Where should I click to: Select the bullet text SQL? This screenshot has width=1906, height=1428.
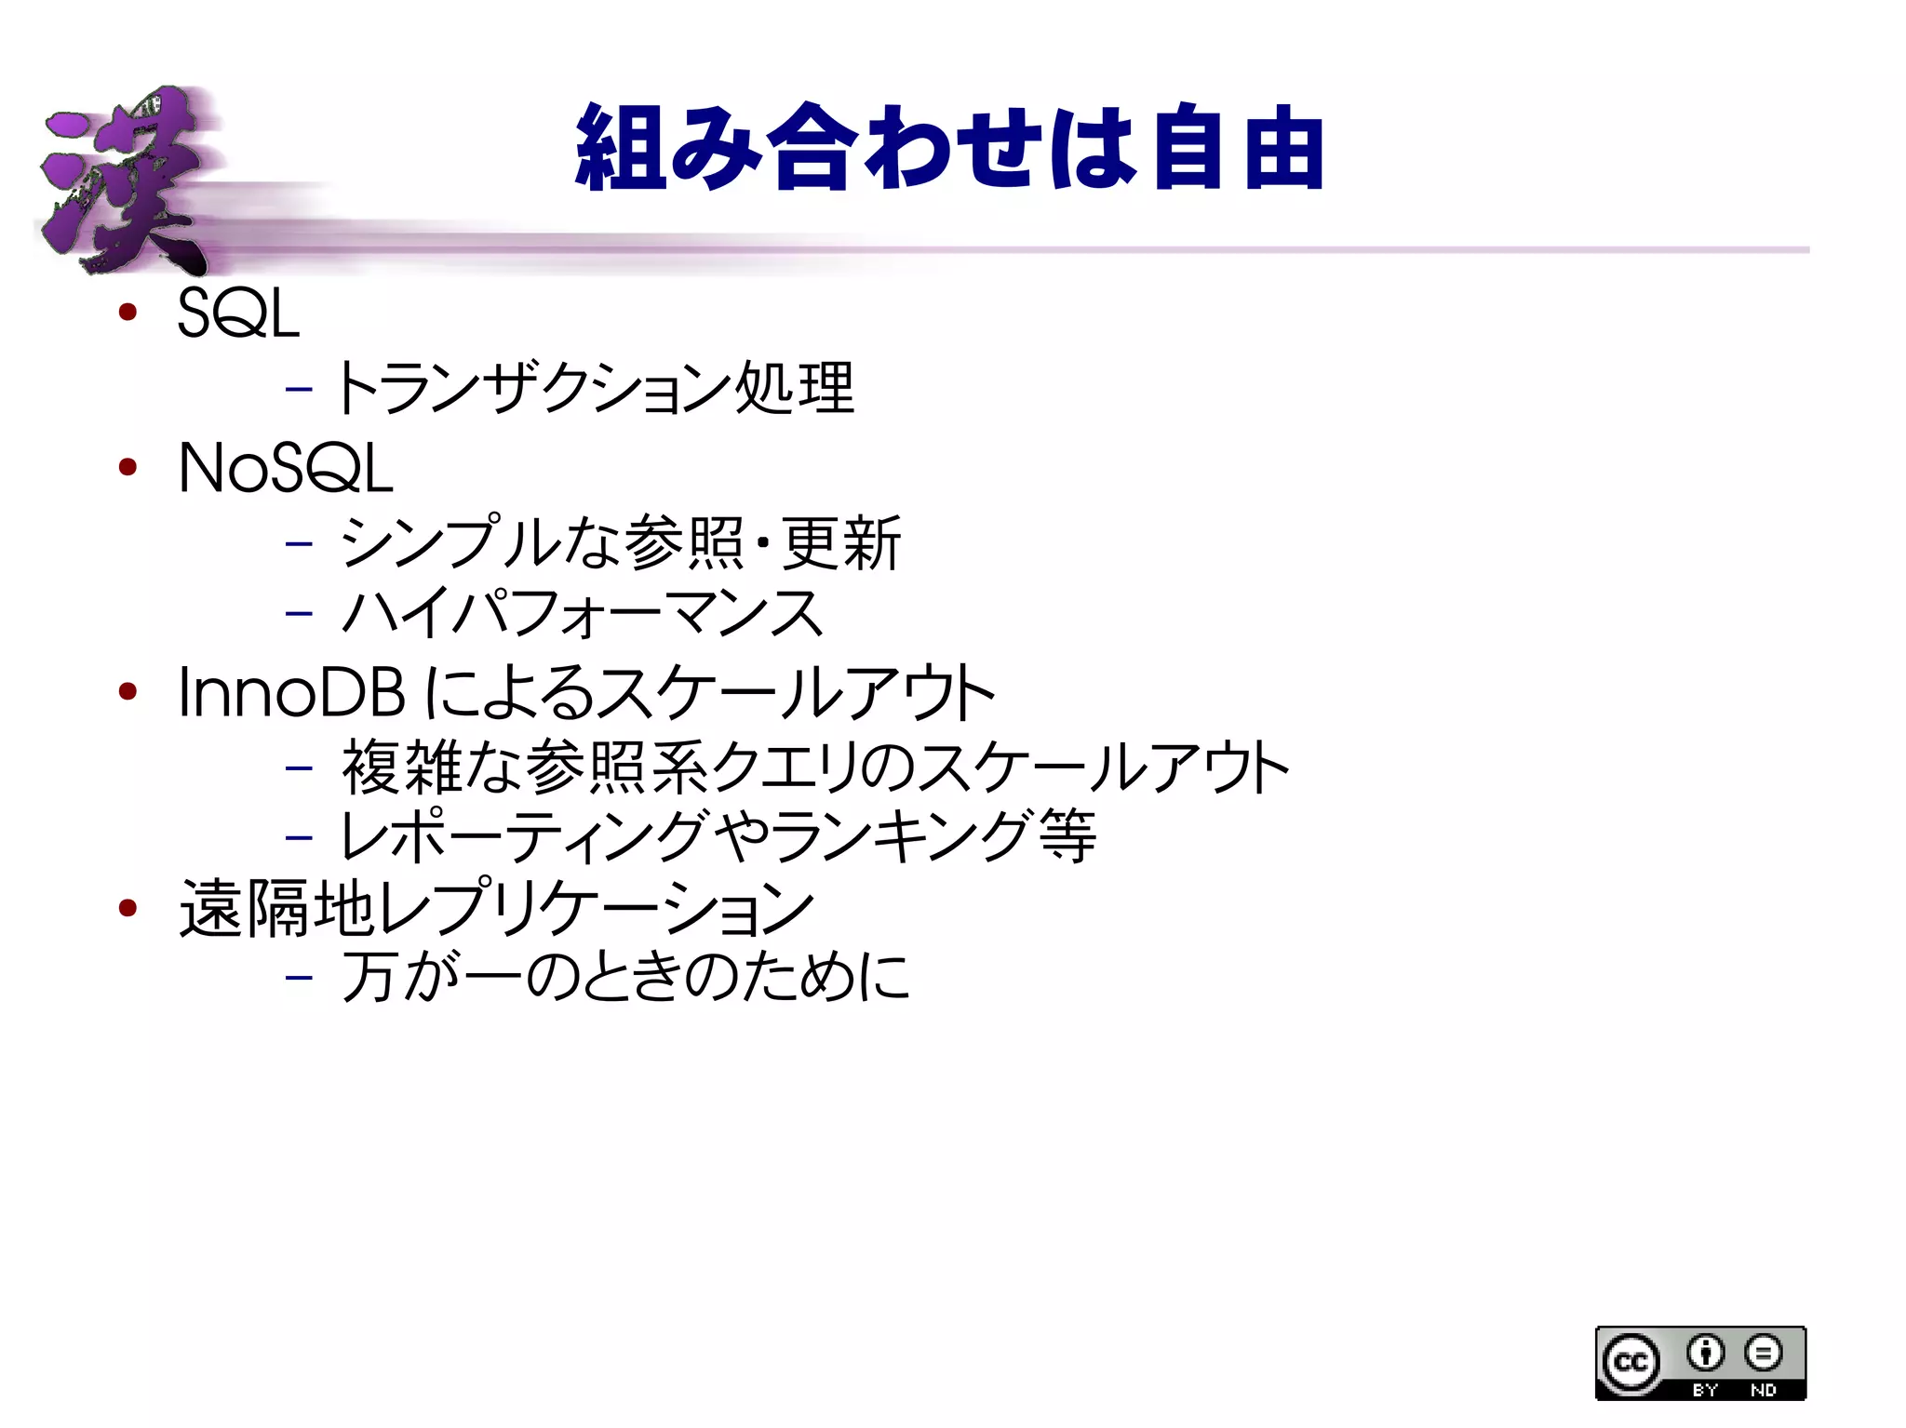238,314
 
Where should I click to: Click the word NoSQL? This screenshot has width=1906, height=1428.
285,468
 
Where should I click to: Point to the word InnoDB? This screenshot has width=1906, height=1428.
291,693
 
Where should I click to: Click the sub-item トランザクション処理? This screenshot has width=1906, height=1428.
594,388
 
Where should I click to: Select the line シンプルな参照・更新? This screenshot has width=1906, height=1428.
620,542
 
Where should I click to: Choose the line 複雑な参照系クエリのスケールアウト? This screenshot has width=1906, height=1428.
815,768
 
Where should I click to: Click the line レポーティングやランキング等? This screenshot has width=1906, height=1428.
718,836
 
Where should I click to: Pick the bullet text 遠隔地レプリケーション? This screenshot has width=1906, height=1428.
497,908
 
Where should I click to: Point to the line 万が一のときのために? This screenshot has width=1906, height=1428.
625,977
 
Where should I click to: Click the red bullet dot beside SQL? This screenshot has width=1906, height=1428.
128,312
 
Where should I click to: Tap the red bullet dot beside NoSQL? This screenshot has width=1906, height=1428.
128,466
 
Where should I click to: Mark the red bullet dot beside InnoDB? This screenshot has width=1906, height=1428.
128,691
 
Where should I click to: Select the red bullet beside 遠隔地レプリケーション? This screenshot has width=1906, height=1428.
128,907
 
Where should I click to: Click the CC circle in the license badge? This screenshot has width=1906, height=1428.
1631,1362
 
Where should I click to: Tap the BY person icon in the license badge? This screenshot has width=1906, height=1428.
1705,1354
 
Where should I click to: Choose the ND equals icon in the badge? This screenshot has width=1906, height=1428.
1763,1354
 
